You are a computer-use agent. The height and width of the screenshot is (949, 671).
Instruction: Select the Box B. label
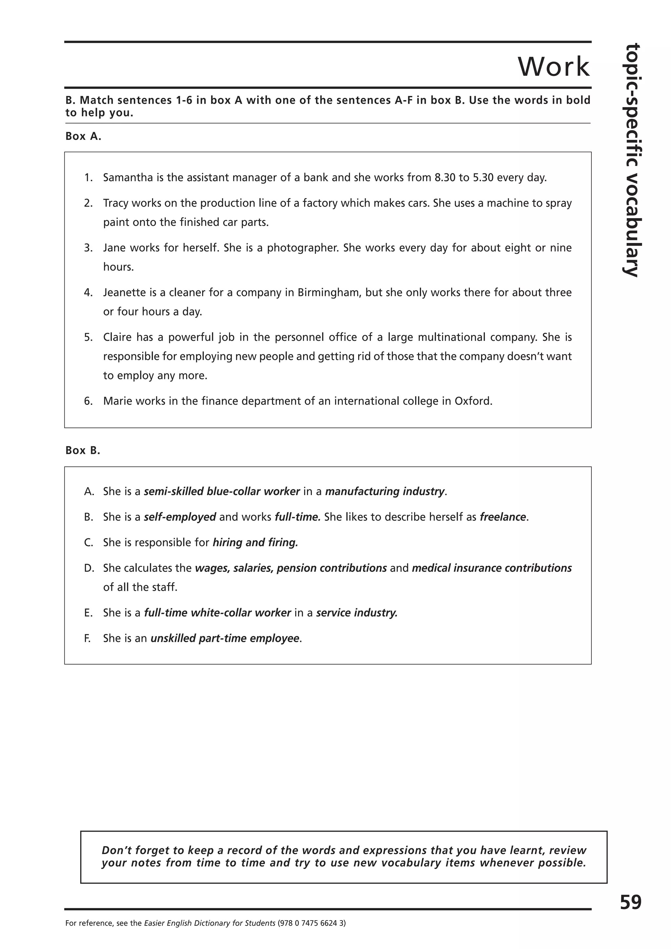click(83, 451)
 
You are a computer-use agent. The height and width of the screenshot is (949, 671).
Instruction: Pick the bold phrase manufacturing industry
click(385, 492)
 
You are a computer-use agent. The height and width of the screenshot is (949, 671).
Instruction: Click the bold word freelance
click(503, 517)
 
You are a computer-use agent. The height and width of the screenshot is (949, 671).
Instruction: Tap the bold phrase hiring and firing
click(255, 543)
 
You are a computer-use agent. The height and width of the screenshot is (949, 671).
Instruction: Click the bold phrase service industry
click(356, 613)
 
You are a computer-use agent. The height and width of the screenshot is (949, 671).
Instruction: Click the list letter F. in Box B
click(88, 639)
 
